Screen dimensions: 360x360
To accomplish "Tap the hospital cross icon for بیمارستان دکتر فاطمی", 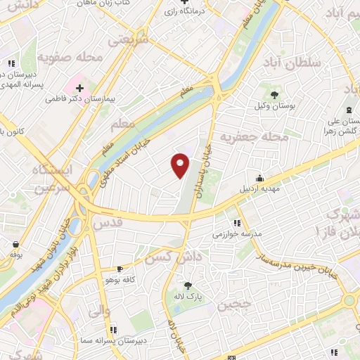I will pyautogui.click(x=79, y=89).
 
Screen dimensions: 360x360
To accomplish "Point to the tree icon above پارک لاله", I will pyautogui.click(x=188, y=285).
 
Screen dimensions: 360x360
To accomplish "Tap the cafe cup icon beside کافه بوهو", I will pyautogui.click(x=119, y=269).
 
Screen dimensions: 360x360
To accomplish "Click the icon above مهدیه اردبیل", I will pyautogui.click(x=259, y=178).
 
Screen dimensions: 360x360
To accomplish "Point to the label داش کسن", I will pyautogui.click(x=168, y=258).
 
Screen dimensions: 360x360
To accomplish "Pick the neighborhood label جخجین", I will pyautogui.click(x=232, y=306).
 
